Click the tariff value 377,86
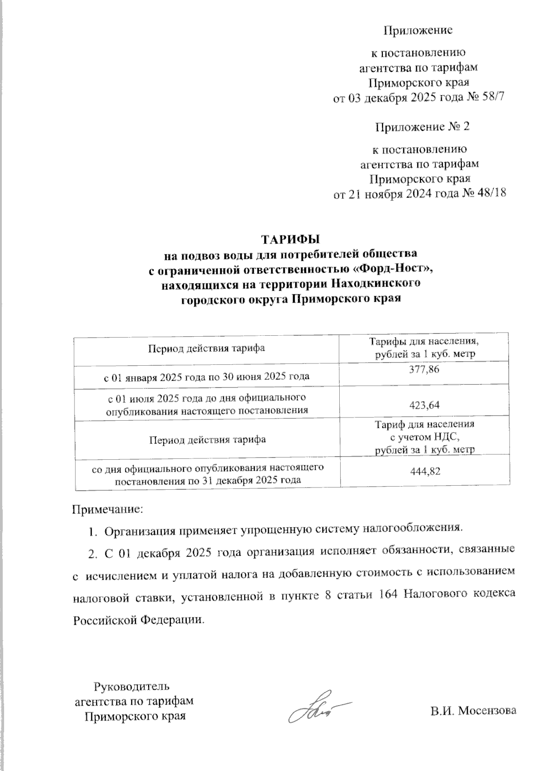click(x=425, y=370)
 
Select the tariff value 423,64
click(x=425, y=405)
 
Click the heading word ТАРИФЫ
click(x=290, y=239)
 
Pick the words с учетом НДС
click(x=425, y=438)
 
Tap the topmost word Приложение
click(x=418, y=30)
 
